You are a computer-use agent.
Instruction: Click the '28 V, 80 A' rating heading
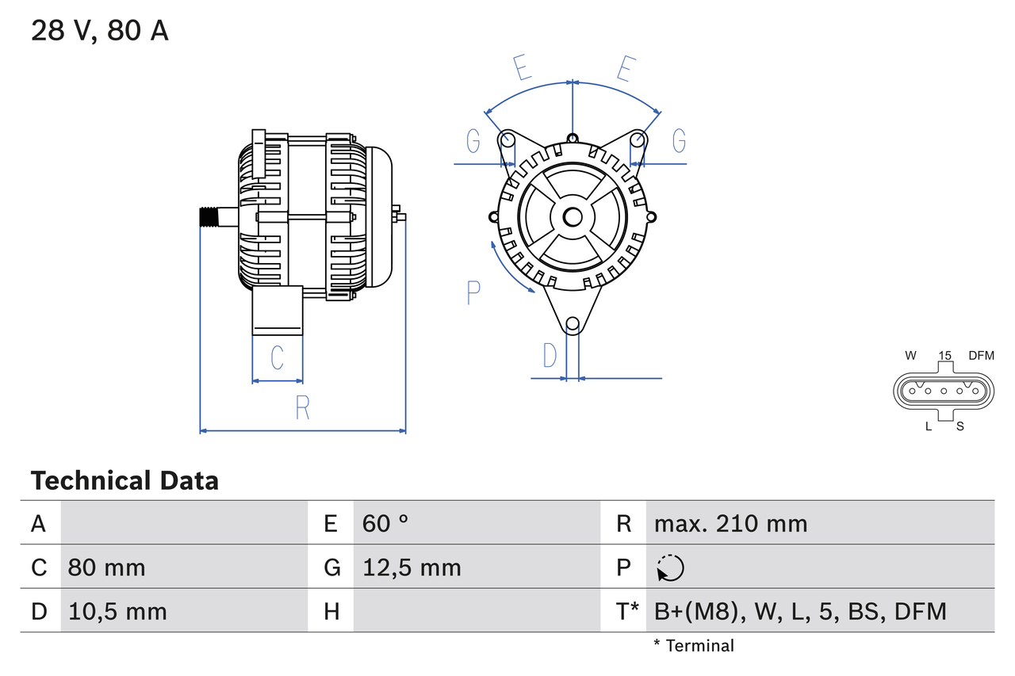tap(99, 32)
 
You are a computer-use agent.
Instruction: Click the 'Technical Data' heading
tap(124, 480)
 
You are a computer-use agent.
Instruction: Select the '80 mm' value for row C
tap(106, 567)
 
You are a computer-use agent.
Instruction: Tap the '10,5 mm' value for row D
tap(117, 611)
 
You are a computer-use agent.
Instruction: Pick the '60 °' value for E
tap(385, 523)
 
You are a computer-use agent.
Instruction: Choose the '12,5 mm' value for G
tap(412, 567)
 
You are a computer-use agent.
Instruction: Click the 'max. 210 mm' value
tap(730, 523)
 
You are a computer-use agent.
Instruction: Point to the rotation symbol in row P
tap(670, 567)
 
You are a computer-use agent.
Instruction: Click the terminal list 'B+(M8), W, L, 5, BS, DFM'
tap(800, 611)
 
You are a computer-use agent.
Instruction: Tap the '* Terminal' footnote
tap(694, 646)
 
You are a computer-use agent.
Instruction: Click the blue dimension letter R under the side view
tap(302, 408)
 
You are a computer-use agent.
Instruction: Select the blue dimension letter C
tap(277, 358)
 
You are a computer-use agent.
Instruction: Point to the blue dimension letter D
tap(550, 357)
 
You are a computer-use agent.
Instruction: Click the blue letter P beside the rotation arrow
tap(473, 293)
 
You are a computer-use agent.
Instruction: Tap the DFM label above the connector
tap(980, 356)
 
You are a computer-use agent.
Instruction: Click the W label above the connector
tap(911, 356)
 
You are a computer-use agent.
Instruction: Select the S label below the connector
tap(959, 426)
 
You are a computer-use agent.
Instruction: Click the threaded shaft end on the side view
tap(209, 216)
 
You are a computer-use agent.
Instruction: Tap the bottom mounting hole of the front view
tap(573, 323)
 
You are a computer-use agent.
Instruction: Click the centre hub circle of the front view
tap(573, 217)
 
